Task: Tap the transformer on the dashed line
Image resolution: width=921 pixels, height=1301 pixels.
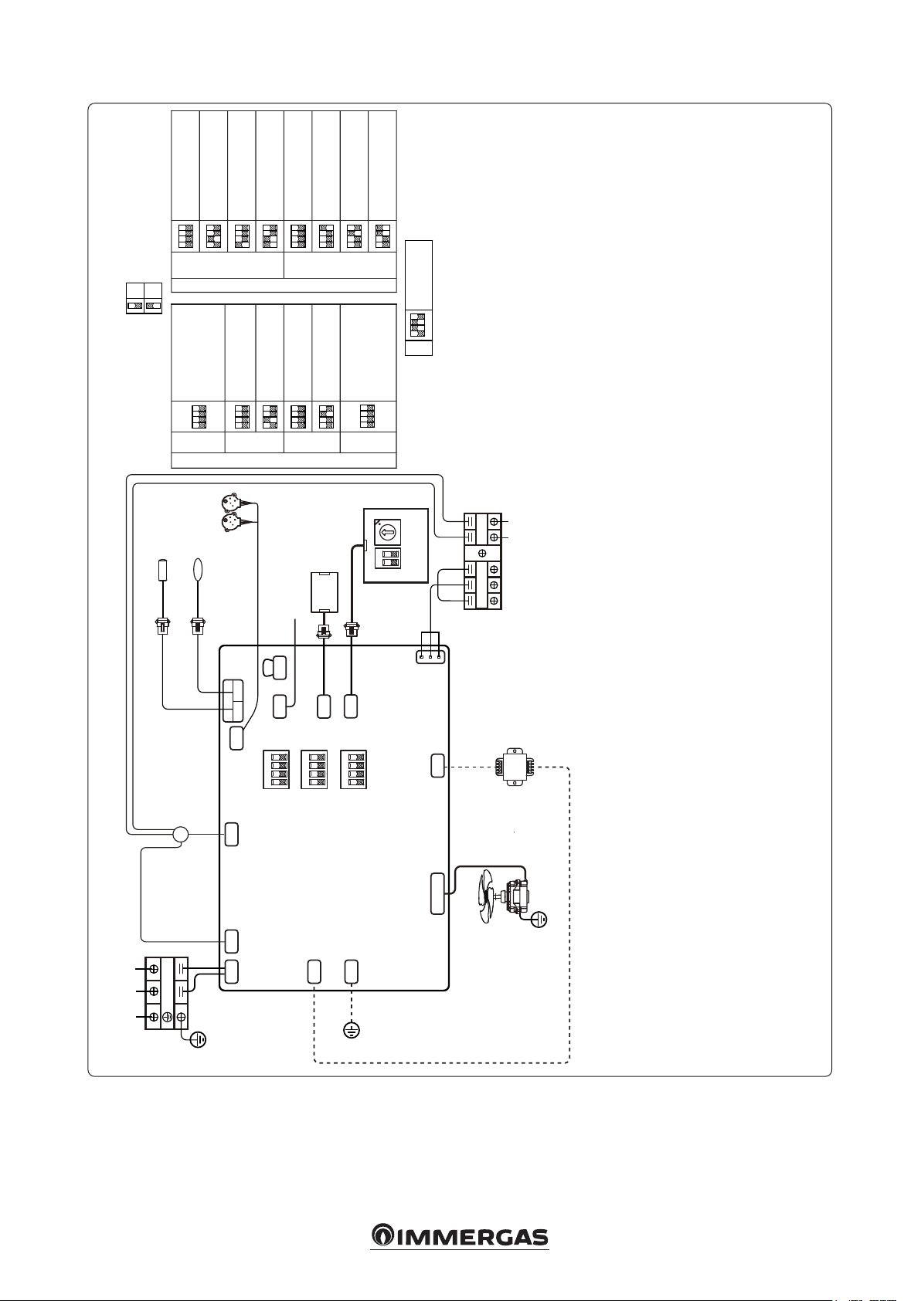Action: click(515, 767)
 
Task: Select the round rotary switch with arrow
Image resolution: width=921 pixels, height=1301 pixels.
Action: click(388, 531)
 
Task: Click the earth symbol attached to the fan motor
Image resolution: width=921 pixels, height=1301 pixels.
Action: click(539, 920)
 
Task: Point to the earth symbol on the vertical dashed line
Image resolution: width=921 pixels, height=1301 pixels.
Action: click(352, 1030)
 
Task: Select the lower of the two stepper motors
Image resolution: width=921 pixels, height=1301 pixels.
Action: click(231, 523)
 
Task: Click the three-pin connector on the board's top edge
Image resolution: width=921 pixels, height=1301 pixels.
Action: click(430, 656)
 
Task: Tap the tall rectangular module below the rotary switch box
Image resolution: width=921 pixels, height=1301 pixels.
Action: click(324, 592)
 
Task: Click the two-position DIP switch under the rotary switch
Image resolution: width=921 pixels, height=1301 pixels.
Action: click(388, 558)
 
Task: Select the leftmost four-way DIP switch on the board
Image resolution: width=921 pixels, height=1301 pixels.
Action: click(276, 770)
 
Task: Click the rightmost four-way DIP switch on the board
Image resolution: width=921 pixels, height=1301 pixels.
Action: click(353, 770)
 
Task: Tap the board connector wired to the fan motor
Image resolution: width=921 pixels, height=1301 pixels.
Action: click(437, 893)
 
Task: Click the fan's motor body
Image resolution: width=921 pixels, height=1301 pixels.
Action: click(517, 897)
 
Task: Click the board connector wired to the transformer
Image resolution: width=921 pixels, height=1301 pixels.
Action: click(437, 766)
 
